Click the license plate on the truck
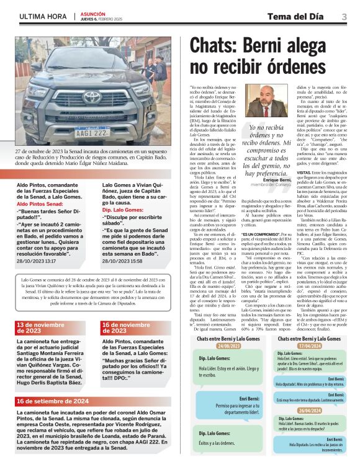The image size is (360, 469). click(x=91, y=132)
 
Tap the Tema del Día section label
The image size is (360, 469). click(x=302, y=16)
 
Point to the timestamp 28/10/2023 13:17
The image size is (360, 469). click(x=36, y=261)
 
